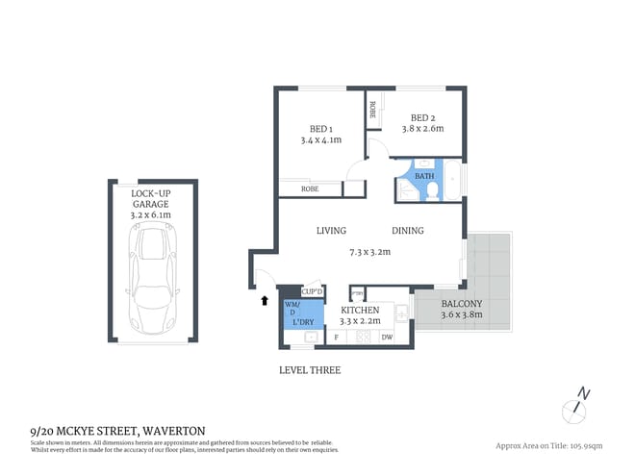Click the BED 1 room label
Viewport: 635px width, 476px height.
(x=321, y=129)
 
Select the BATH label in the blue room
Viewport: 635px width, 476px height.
(x=424, y=176)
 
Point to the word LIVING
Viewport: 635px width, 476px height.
(x=331, y=231)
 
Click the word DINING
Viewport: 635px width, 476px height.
(x=407, y=231)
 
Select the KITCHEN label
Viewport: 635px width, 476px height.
(x=361, y=311)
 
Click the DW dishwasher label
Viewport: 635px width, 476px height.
(x=387, y=338)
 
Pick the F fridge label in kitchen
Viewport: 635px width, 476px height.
(x=336, y=338)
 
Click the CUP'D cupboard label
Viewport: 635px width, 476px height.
(x=312, y=290)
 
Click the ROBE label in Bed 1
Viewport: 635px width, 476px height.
(x=310, y=189)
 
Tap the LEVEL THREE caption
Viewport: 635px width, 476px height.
(x=309, y=370)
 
